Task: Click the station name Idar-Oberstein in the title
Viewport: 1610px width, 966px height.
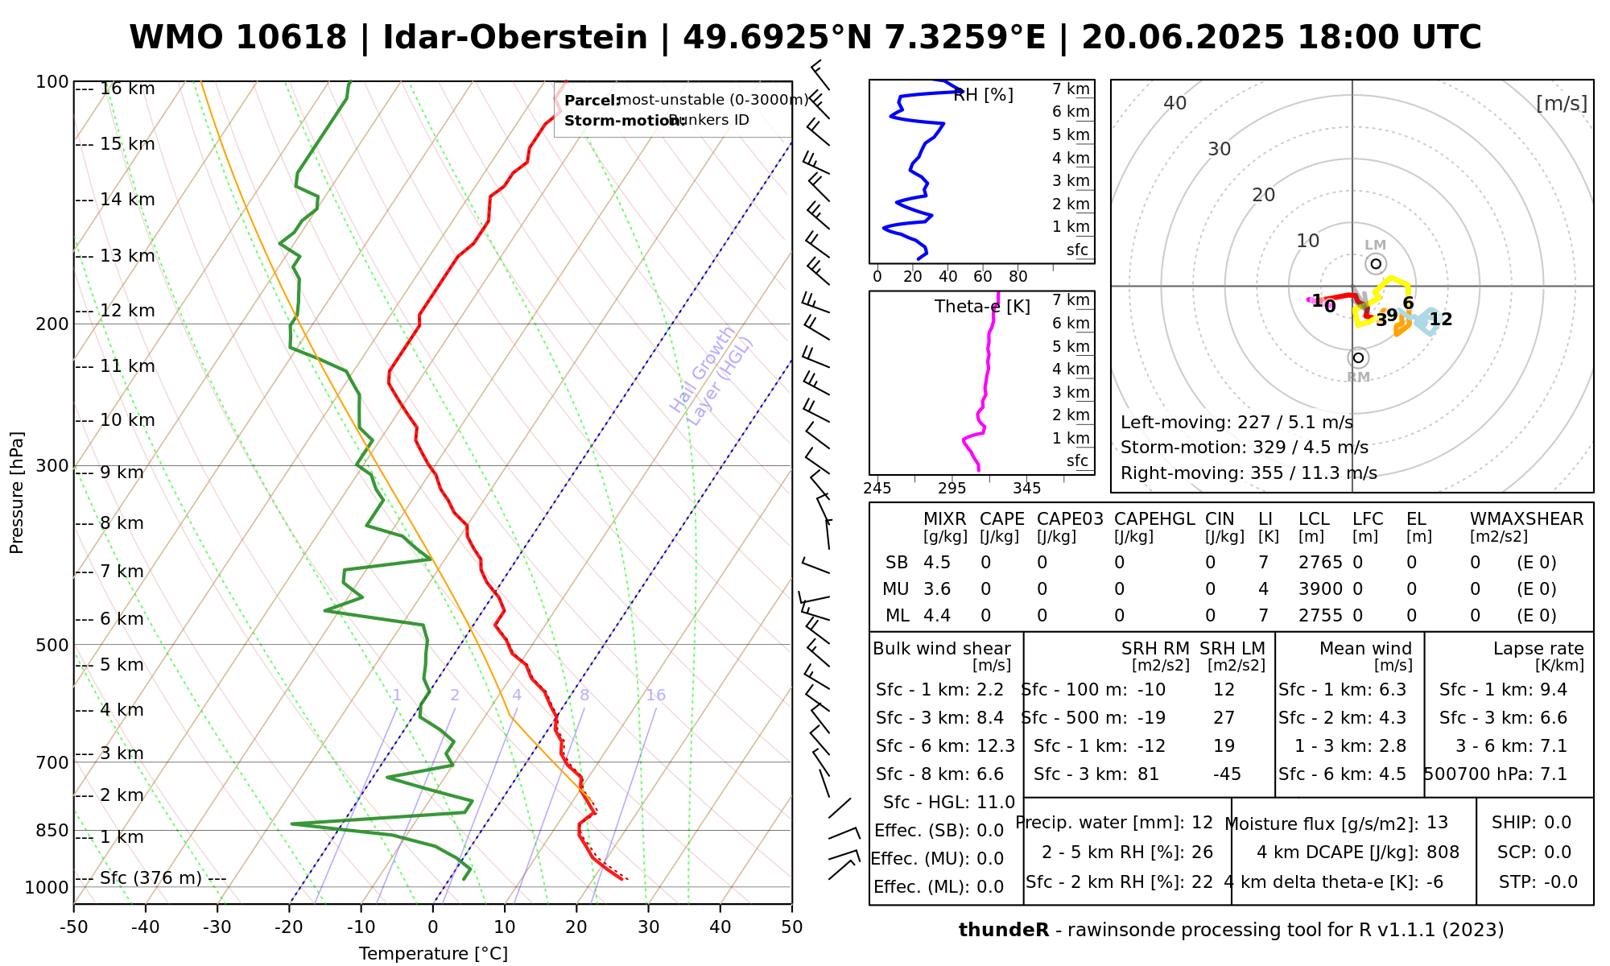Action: (515, 38)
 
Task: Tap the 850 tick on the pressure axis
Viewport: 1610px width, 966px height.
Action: (53, 830)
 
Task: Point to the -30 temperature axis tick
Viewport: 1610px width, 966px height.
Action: (217, 927)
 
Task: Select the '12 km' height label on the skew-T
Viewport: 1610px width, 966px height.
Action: (127, 311)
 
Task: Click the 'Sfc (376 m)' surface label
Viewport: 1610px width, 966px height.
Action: (151, 877)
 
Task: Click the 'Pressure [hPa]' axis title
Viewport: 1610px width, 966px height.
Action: (17, 493)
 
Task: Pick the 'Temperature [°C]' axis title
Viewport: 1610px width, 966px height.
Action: (433, 954)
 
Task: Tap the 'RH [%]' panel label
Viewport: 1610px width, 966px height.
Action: (983, 95)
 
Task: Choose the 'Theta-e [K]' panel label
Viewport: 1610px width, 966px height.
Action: (982, 307)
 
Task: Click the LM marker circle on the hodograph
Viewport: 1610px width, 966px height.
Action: (1376, 264)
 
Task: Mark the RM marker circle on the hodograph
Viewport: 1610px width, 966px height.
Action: (1359, 357)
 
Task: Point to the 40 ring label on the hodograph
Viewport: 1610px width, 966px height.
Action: (1175, 103)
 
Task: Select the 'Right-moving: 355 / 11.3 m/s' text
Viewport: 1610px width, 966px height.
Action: (1249, 473)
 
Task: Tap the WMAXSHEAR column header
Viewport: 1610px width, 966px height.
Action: (1526, 519)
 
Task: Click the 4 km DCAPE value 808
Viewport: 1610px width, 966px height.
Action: (1443, 852)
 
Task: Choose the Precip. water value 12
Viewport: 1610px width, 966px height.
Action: (1202, 823)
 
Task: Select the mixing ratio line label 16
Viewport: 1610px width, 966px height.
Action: (655, 696)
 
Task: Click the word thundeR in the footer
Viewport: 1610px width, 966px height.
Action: (1004, 931)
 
